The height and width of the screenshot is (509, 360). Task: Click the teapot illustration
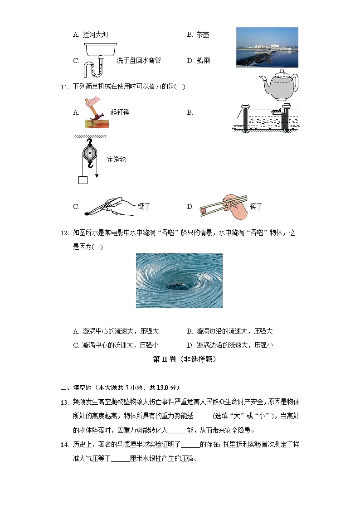pyautogui.click(x=281, y=85)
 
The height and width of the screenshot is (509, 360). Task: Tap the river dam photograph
pyautogui.click(x=267, y=47)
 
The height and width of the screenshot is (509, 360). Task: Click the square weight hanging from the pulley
pyautogui.click(x=83, y=180)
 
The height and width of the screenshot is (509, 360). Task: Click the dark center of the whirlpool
pyautogui.click(x=180, y=286)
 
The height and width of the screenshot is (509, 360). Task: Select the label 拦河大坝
pyautogui.click(x=95, y=34)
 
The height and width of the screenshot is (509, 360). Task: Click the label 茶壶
pyautogui.click(x=203, y=34)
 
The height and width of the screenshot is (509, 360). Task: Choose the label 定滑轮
pyautogui.click(x=117, y=159)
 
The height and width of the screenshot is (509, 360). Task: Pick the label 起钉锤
pyautogui.click(x=120, y=112)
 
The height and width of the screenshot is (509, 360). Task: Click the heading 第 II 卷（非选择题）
pyautogui.click(x=184, y=359)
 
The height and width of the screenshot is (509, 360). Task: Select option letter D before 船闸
pyautogui.click(x=190, y=61)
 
